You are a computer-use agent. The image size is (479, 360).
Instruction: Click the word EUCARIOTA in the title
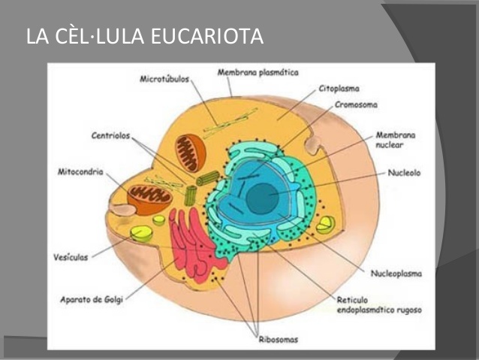[x=206, y=36]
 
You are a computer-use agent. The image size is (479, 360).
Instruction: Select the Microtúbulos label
[x=164, y=79]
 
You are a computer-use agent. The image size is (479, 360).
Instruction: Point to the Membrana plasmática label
[x=258, y=72]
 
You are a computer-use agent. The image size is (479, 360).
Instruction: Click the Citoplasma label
[x=339, y=89]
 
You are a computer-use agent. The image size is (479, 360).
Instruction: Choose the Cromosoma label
[x=356, y=104]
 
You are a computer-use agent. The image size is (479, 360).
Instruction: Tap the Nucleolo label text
[x=404, y=173]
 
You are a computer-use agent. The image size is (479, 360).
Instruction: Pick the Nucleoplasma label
[x=396, y=273]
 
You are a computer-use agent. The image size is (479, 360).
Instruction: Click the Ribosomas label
[x=278, y=339]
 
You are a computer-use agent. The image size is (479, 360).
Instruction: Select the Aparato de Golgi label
[x=92, y=299]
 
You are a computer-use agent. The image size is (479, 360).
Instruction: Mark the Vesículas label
[x=71, y=257]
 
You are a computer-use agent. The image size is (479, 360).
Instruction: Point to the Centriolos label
[x=110, y=135]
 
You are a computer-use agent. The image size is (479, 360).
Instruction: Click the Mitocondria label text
[x=80, y=172]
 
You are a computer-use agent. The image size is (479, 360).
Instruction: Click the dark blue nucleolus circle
[x=263, y=198]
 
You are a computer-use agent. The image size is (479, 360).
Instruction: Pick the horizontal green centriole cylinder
[x=208, y=178]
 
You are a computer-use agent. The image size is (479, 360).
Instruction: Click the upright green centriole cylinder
[x=191, y=195]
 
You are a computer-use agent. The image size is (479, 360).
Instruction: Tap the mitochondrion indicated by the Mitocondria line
[x=149, y=199]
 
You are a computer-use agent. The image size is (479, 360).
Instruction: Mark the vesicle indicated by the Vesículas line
[x=141, y=234]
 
